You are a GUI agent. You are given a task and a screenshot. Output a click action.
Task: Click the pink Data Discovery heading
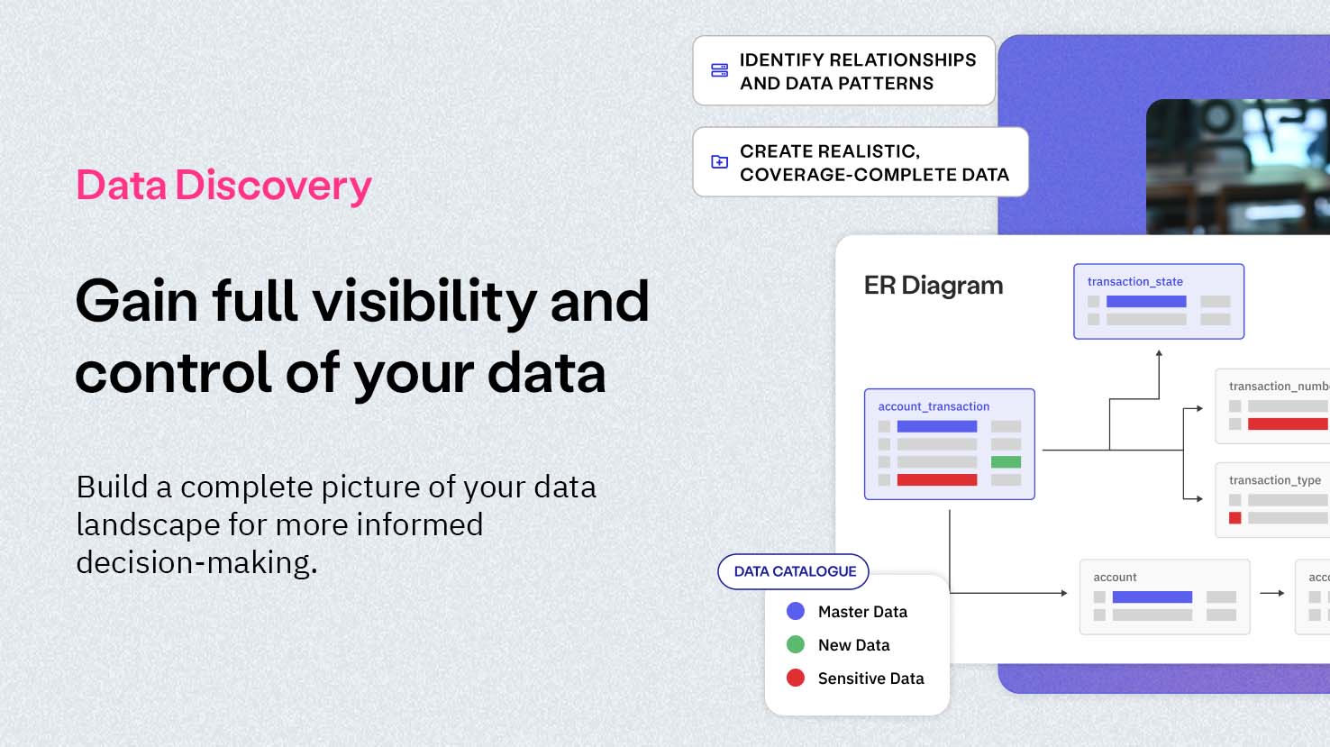pyautogui.click(x=223, y=186)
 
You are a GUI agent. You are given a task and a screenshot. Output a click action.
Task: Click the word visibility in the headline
pyautogui.click(x=424, y=301)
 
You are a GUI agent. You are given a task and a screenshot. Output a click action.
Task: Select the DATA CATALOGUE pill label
pyautogui.click(x=794, y=571)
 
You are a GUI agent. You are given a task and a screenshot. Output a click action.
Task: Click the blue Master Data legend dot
pyautogui.click(x=796, y=611)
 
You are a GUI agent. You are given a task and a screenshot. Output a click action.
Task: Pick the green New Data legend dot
pyautogui.click(x=796, y=644)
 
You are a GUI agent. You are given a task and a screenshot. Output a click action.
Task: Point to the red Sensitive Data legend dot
pyautogui.click(x=796, y=678)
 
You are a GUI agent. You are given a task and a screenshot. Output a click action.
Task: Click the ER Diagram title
pyautogui.click(x=933, y=286)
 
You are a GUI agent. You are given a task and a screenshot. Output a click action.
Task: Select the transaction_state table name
pyautogui.click(x=1134, y=281)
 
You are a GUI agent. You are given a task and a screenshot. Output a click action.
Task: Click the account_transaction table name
pyautogui.click(x=934, y=406)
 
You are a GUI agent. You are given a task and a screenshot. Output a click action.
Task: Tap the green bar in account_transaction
pyautogui.click(x=1006, y=462)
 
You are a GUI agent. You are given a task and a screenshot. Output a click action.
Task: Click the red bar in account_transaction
pyautogui.click(x=936, y=480)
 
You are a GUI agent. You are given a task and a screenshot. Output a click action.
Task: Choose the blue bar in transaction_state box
pyautogui.click(x=1145, y=302)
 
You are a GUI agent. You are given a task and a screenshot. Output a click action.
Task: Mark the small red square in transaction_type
pyautogui.click(x=1234, y=518)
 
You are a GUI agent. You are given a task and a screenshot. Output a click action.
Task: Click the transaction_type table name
pyautogui.click(x=1274, y=480)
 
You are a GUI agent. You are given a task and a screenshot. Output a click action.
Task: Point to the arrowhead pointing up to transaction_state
pyautogui.click(x=1159, y=354)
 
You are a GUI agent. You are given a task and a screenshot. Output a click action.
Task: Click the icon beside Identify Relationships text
pyautogui.click(x=719, y=70)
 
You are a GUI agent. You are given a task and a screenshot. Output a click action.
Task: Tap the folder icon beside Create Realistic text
pyautogui.click(x=719, y=162)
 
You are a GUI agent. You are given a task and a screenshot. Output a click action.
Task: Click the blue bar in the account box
pyautogui.click(x=1152, y=597)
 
